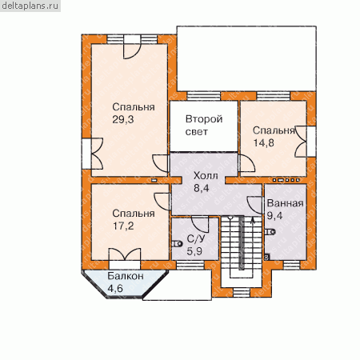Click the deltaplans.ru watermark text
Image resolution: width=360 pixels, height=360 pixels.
[x=30, y=6]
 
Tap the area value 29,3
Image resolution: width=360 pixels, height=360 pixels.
[x=123, y=120]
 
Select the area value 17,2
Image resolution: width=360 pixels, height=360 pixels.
[x=123, y=226]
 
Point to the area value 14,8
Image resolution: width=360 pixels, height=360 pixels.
[x=263, y=143]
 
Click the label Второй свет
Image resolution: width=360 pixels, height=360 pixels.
[x=204, y=126]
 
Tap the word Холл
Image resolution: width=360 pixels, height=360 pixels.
[x=206, y=176]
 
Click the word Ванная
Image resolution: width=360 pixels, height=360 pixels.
[x=285, y=203]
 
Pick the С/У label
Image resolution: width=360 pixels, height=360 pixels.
[x=196, y=238]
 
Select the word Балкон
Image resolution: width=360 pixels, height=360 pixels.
[x=126, y=276]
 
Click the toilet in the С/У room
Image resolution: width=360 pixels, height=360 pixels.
[x=177, y=243]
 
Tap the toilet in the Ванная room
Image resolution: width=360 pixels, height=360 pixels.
[x=270, y=232]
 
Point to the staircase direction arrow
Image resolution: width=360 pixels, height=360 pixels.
[x=253, y=219]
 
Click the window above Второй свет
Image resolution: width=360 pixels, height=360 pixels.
[x=204, y=96]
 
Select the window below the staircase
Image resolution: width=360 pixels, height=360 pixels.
[x=242, y=293]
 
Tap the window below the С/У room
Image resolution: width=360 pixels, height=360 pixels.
[x=190, y=265]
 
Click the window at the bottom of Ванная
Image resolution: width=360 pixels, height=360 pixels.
[x=291, y=265]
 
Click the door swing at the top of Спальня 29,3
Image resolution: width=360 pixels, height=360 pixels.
[x=132, y=51]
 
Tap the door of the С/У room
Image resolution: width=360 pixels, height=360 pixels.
[x=200, y=225]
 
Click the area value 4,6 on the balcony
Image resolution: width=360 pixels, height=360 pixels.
[x=115, y=289]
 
